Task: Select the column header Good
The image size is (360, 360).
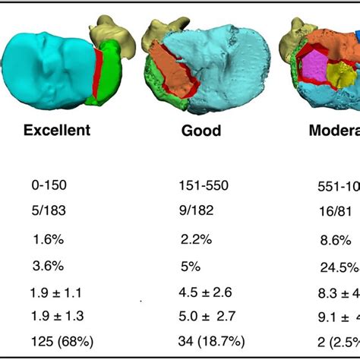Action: click(201, 131)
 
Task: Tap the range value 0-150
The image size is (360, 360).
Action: click(49, 185)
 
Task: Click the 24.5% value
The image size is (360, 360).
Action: click(339, 267)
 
